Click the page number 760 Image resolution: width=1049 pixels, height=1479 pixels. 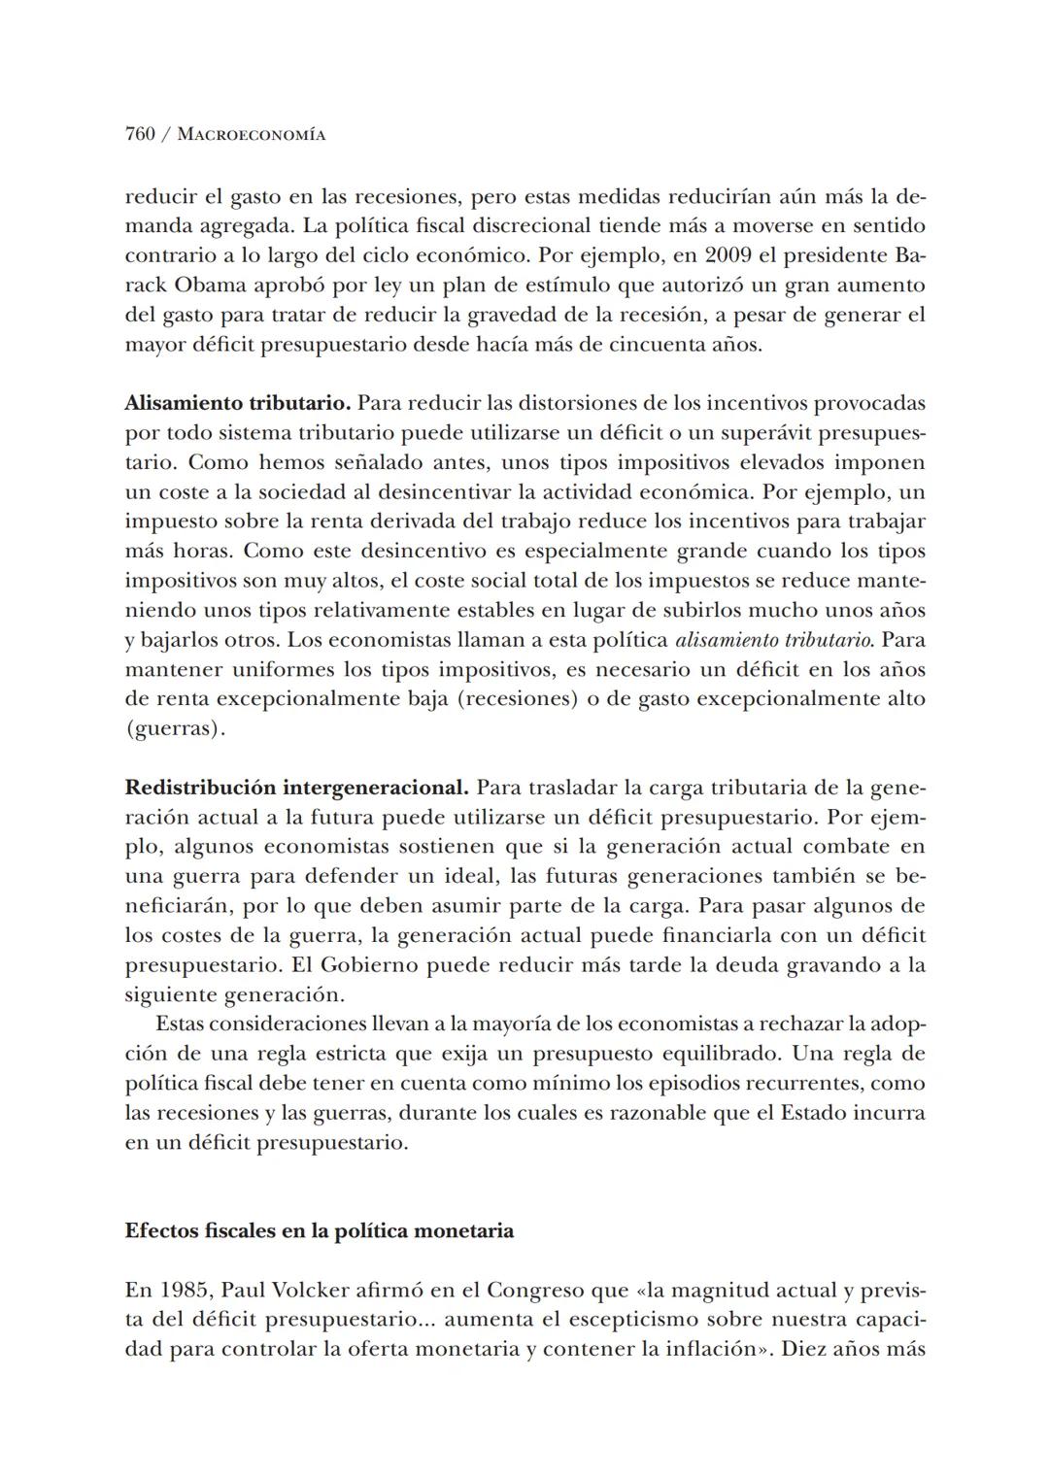pos(140,134)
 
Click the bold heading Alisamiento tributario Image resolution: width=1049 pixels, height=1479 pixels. pos(237,403)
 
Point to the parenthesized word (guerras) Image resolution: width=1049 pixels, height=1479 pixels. pos(175,729)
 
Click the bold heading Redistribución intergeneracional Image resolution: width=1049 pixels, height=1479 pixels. pos(297,788)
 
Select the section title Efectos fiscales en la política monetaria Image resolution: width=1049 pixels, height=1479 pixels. pos(320,1231)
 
